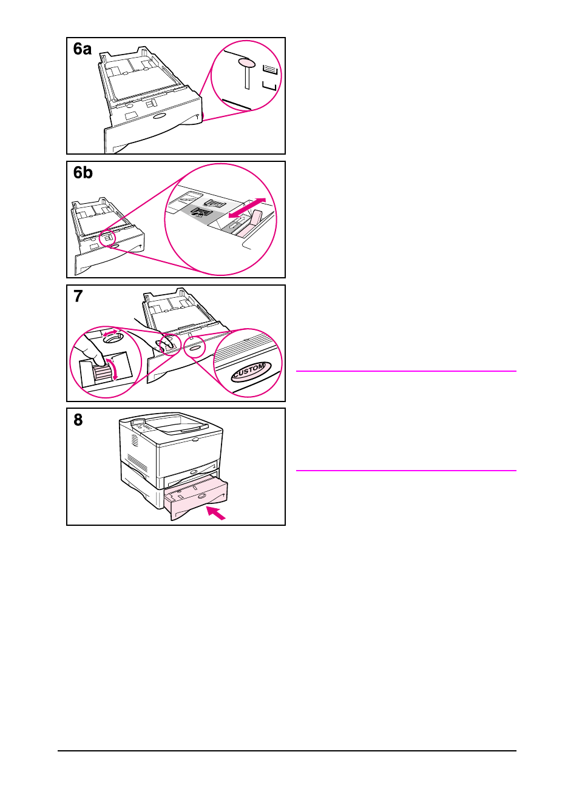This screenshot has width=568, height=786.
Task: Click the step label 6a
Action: (83, 49)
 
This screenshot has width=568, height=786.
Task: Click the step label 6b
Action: (83, 173)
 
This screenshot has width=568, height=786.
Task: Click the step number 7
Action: (78, 297)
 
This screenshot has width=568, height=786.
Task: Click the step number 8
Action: (78, 420)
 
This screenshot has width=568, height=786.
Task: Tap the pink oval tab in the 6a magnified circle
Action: (246, 63)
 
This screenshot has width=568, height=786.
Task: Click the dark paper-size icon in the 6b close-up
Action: (198, 213)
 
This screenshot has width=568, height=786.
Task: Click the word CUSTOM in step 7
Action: (249, 370)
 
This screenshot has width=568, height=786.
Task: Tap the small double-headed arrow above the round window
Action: (110, 333)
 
